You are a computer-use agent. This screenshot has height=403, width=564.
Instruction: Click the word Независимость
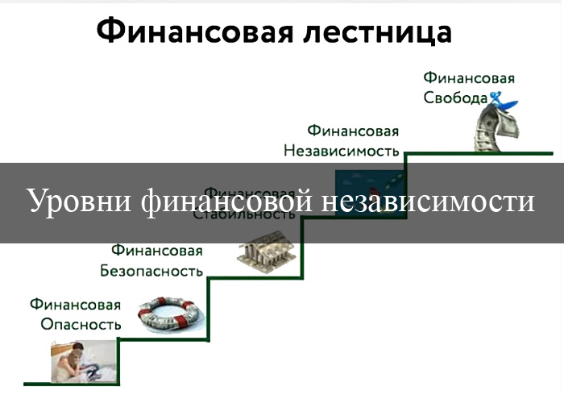pos(341,150)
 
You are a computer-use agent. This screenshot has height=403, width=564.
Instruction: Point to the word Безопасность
pos(151,271)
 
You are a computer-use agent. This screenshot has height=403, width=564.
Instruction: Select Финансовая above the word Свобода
pos(469,78)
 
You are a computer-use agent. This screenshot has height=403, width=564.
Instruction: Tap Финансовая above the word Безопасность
pos(157,251)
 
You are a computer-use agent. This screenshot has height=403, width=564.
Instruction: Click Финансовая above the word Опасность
pos(76,305)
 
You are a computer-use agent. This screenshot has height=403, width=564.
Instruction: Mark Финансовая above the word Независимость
pos(353,131)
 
